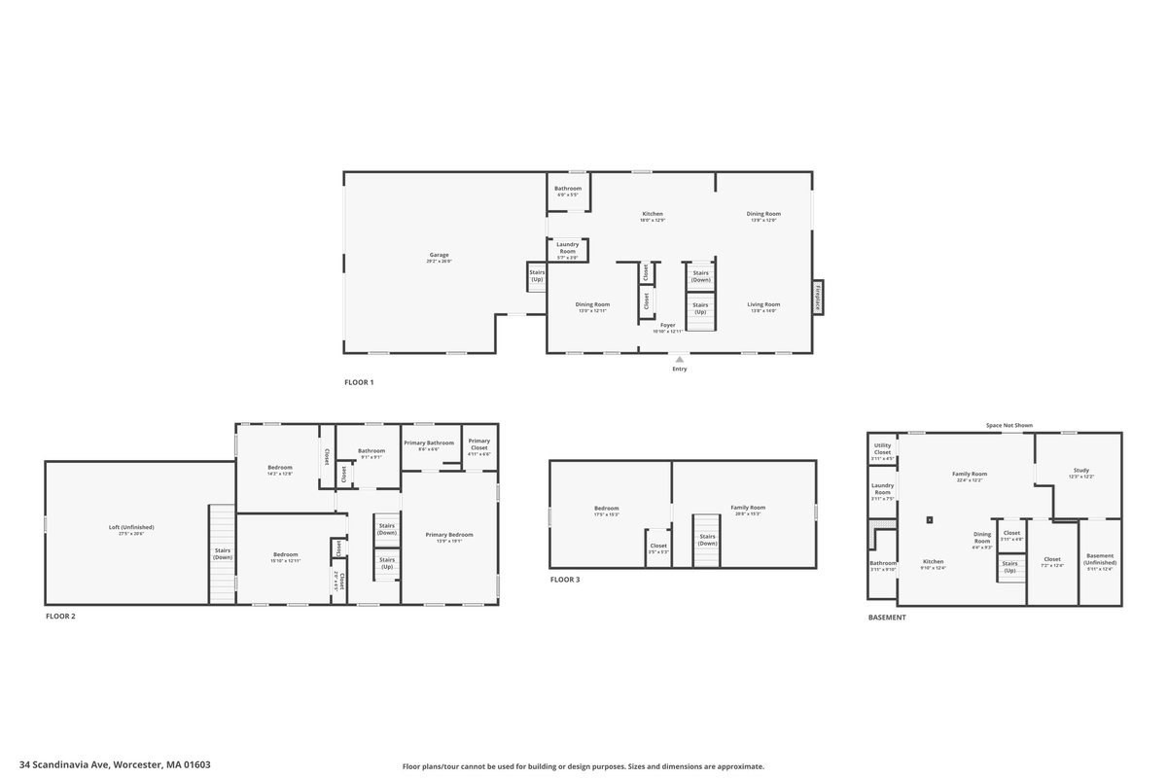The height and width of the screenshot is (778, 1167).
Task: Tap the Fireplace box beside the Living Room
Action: pyautogui.click(x=818, y=297)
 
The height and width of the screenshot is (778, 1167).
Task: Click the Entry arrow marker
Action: pyautogui.click(x=679, y=359)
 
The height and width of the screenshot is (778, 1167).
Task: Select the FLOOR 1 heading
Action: pyautogui.click(x=359, y=382)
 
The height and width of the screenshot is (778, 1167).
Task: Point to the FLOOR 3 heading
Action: pyautogui.click(x=565, y=580)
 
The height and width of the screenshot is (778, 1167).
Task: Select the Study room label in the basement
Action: pyautogui.click(x=1081, y=474)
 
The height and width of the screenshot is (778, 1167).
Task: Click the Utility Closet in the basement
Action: pyautogui.click(x=882, y=449)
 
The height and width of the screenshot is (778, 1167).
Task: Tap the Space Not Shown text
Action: pyautogui.click(x=1008, y=425)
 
